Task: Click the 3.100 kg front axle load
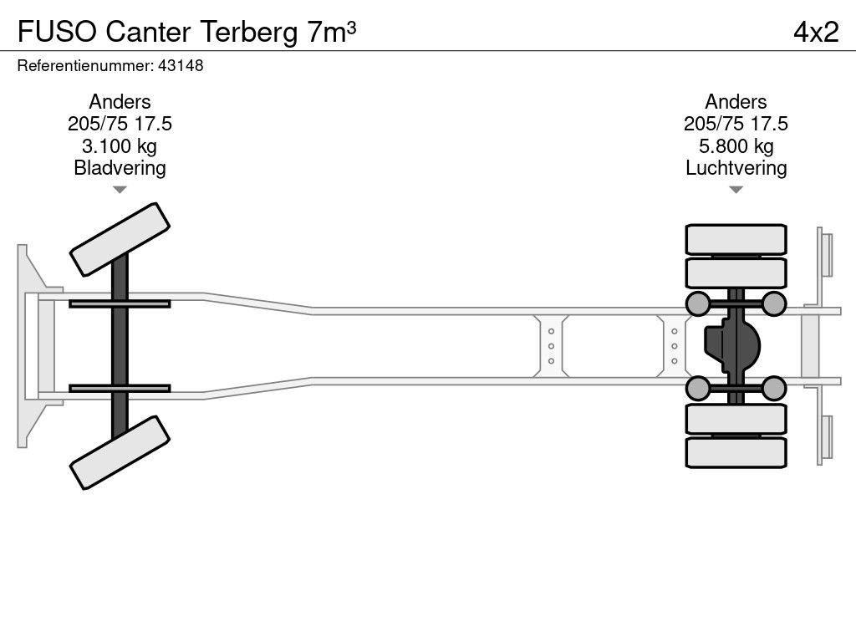point(120,146)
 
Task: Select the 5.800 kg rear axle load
point(736,146)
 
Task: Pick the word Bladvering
point(120,168)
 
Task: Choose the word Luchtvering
point(736,168)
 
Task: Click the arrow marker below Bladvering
point(120,190)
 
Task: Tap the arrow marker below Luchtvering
point(736,190)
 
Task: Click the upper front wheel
point(120,239)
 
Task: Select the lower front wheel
point(120,452)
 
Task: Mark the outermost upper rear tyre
point(736,238)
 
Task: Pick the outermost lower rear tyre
point(736,452)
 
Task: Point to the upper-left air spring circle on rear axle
point(698,303)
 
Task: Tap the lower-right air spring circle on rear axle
point(774,388)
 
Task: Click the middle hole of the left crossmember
point(552,346)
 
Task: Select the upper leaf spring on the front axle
point(120,303)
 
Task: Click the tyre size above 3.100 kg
point(120,124)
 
